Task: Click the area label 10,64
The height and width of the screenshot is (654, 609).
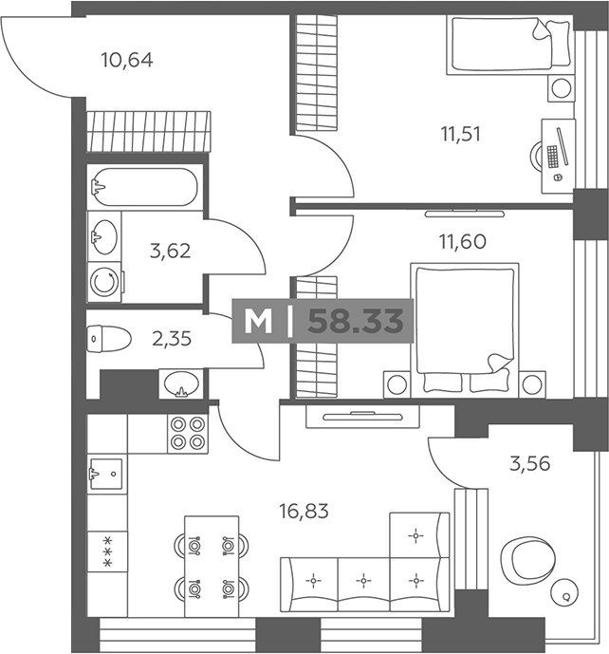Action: [x=127, y=60]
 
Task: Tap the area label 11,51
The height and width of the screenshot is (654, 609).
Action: [x=461, y=134]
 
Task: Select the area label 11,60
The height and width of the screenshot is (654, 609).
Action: [x=463, y=241]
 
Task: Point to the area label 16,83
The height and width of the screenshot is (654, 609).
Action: [x=304, y=512]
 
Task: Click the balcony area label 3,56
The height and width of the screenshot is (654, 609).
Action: [x=530, y=463]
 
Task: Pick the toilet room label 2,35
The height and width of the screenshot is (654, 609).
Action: [x=172, y=339]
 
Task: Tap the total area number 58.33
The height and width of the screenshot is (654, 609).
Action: [x=356, y=321]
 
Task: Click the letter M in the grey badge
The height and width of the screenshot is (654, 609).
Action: [x=258, y=322]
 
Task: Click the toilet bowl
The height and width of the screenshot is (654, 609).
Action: [x=109, y=338]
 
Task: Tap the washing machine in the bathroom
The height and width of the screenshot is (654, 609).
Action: [x=104, y=282]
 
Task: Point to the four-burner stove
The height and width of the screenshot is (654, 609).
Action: [x=188, y=434]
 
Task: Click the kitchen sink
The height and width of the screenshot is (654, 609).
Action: [x=106, y=474]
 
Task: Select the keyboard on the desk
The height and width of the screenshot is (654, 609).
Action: [x=552, y=157]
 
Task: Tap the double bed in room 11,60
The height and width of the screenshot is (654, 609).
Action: [x=465, y=329]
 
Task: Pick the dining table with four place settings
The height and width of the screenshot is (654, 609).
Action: [x=212, y=566]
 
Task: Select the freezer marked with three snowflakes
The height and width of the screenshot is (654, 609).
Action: [x=107, y=551]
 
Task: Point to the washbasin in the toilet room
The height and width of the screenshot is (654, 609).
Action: [x=181, y=383]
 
